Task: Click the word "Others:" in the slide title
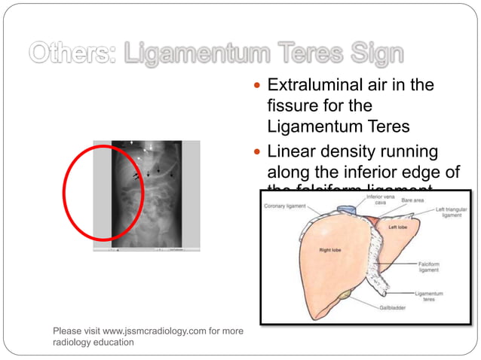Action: point(72,53)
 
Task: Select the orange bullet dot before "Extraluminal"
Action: point(259,86)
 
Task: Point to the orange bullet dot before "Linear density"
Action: point(259,153)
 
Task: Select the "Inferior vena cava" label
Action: point(380,200)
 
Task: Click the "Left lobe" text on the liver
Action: point(398,227)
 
